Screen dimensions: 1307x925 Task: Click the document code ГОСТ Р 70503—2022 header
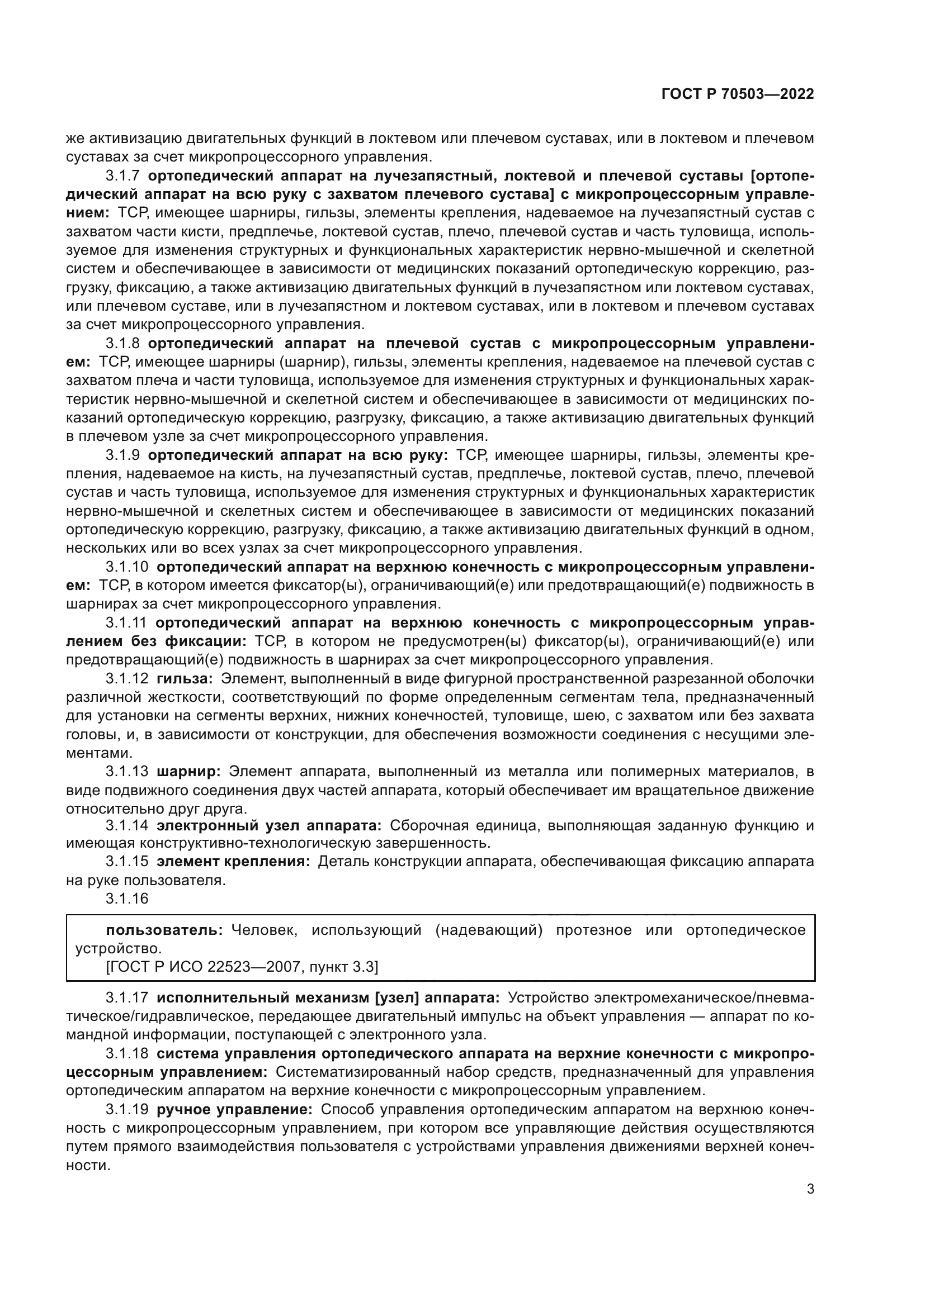click(x=738, y=94)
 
